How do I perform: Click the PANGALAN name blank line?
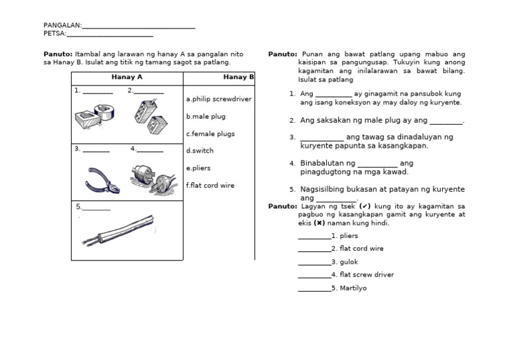pyautogui.click(x=139, y=27)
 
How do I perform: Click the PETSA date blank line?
pyautogui.click(x=110, y=35)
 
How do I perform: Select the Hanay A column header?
pyautogui.click(x=127, y=78)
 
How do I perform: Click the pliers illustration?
pyautogui.click(x=102, y=180)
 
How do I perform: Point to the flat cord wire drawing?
pyautogui.click(x=118, y=230)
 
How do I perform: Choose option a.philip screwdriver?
pyautogui.click(x=219, y=99)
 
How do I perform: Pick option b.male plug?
pyautogui.click(x=206, y=117)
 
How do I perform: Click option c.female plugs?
pyautogui.click(x=211, y=134)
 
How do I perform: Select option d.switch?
pyautogui.click(x=200, y=151)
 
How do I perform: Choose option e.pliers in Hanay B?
pyautogui.click(x=199, y=168)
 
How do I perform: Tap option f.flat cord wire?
pyautogui.click(x=211, y=186)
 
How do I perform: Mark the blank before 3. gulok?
pyautogui.click(x=314, y=263)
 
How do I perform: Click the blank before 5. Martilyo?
pyautogui.click(x=314, y=289)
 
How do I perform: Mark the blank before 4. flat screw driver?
pyautogui.click(x=314, y=276)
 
